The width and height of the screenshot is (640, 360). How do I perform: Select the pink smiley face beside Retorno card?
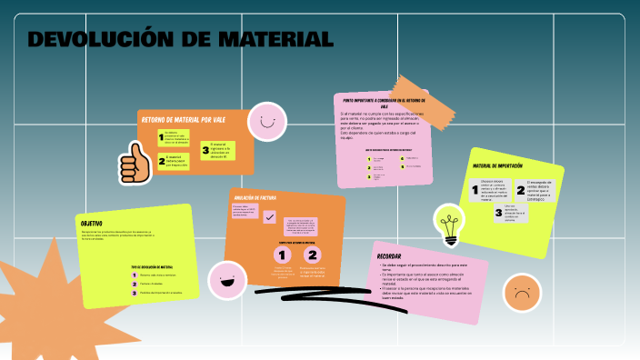(267, 121)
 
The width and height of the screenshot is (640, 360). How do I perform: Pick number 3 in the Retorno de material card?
(205, 150)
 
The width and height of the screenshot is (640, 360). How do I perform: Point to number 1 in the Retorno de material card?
(161, 138)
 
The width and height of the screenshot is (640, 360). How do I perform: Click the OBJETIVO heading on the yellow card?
(92, 224)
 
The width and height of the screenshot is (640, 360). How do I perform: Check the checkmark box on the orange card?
(269, 216)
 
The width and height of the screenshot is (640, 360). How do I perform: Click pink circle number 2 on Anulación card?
(312, 255)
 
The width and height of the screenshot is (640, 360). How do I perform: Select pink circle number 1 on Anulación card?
(282, 255)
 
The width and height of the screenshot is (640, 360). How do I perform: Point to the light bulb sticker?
(449, 225)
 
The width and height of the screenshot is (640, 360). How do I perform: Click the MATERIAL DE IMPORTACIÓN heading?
(497, 166)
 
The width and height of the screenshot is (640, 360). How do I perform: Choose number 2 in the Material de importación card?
(521, 191)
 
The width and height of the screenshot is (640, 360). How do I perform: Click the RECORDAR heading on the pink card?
(389, 256)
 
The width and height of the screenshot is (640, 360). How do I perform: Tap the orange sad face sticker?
(521, 293)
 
